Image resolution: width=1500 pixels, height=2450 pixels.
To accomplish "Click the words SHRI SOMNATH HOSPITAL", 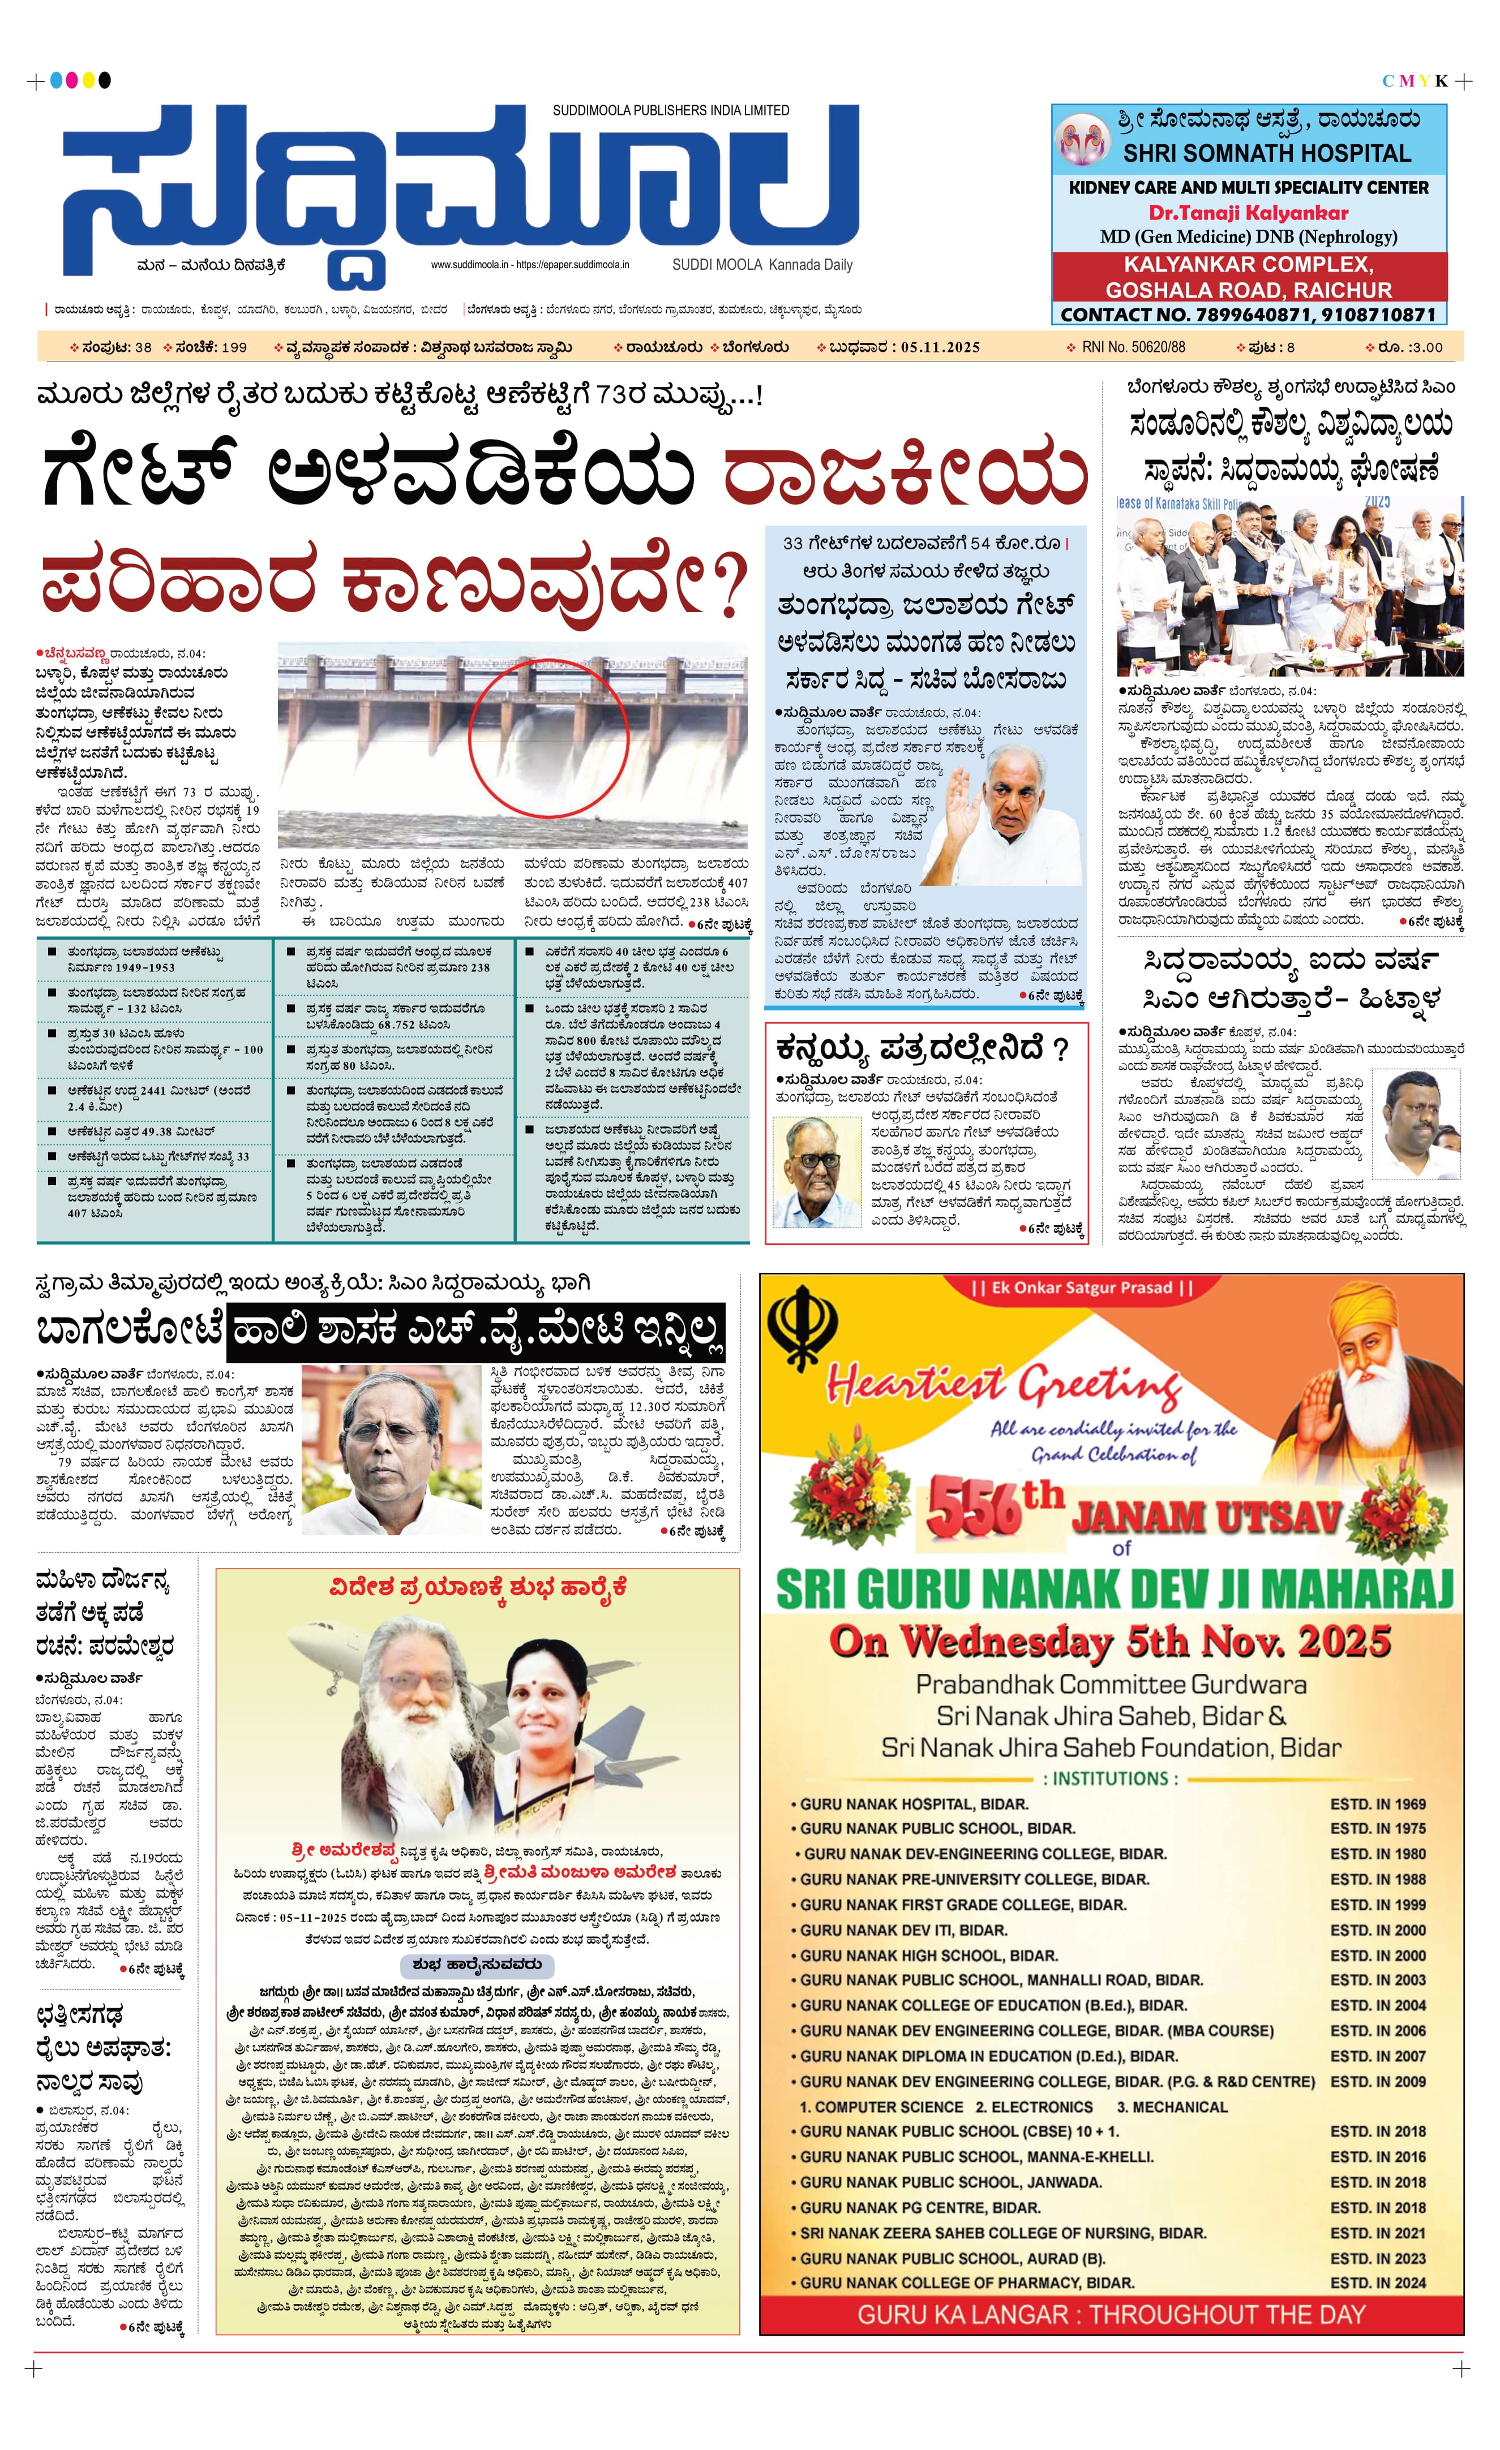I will tap(1266, 153).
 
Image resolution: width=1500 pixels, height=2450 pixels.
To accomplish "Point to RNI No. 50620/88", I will tap(1133, 347).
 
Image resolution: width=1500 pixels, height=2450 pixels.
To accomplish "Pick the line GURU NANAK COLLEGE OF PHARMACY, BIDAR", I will tap(967, 2282).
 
